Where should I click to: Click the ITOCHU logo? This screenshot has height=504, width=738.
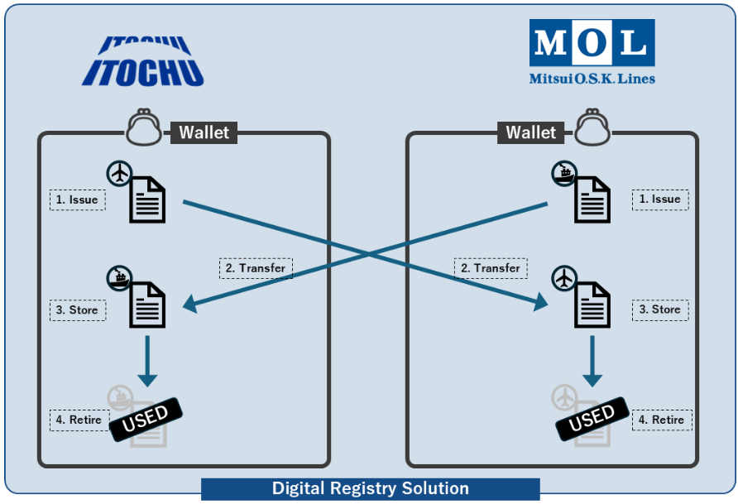coord(142,60)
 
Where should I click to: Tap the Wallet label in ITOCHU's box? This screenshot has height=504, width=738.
coord(204,132)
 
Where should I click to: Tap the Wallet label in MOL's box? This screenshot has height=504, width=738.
coord(530,132)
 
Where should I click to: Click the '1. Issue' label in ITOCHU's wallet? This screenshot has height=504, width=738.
coord(77,199)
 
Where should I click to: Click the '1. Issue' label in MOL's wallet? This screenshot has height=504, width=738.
coord(660,199)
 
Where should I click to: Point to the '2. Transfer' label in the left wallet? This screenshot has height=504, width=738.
coord(256,268)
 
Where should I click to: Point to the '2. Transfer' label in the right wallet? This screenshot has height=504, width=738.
coord(491,268)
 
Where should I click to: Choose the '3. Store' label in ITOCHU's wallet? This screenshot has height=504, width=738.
coord(78,310)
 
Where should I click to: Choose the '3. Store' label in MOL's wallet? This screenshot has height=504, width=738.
coord(660,310)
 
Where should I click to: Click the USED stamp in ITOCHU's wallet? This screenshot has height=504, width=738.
coord(146,418)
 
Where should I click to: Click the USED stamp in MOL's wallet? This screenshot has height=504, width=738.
coord(592,418)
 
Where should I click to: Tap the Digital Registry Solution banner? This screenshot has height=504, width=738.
coord(370,488)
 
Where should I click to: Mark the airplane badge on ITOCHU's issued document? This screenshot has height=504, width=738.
coord(120,174)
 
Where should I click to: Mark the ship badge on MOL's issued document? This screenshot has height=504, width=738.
coord(565,173)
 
